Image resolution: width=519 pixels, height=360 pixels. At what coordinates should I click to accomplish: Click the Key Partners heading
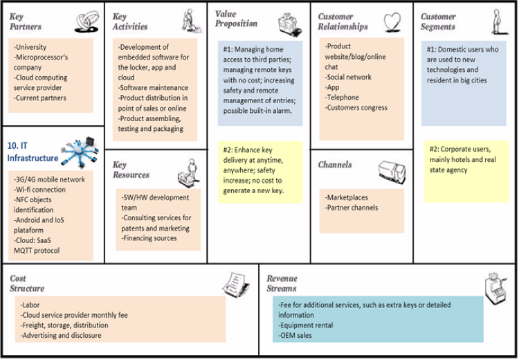pos(26,22)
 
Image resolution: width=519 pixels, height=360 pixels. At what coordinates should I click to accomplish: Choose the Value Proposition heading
pos(236,19)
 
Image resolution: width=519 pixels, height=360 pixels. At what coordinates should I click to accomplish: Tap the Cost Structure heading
pos(28,283)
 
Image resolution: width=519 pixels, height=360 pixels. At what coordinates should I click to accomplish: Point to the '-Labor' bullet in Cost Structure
pos(32,305)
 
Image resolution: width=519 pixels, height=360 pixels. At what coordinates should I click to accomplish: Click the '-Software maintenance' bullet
pos(153,88)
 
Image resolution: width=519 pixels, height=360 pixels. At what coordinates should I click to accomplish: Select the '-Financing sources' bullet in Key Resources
pos(149,238)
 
